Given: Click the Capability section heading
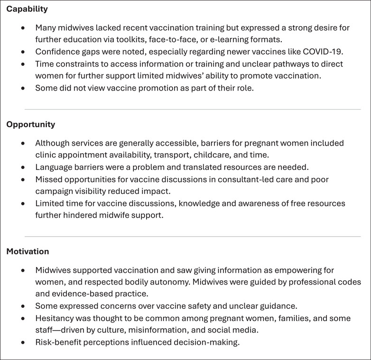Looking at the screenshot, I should click(27, 9).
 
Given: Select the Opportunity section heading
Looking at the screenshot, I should click(31, 124).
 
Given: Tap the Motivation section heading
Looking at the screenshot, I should click(28, 251).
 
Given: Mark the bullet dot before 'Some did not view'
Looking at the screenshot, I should click(23, 88).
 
